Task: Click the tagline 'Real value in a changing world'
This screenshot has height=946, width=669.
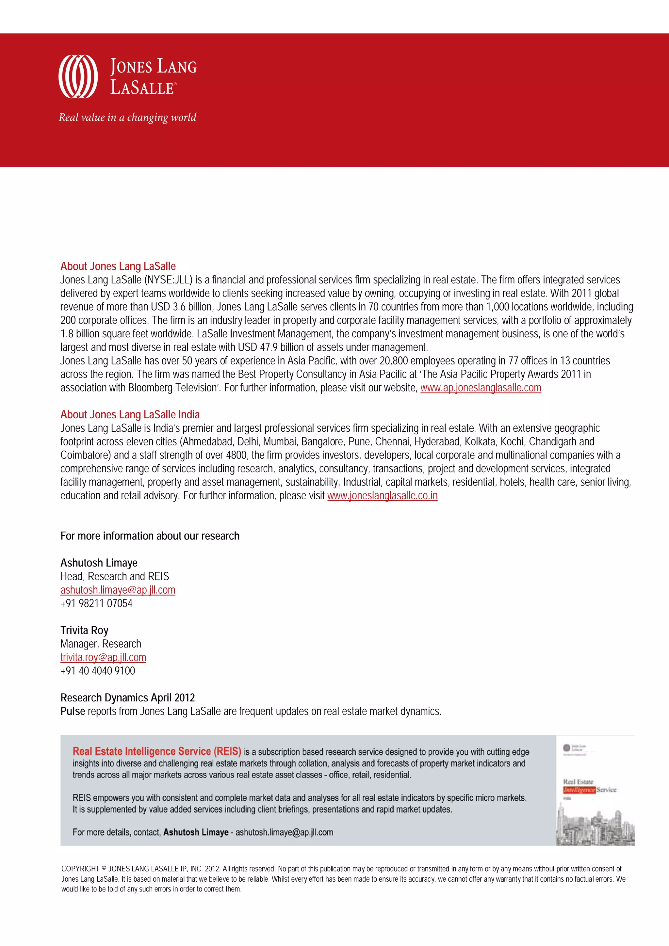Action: [x=127, y=118]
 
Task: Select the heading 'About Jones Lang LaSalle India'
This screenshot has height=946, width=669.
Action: [x=130, y=414]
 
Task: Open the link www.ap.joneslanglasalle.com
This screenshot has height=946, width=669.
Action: [x=481, y=388]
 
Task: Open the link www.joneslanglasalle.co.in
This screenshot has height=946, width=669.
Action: [x=382, y=496]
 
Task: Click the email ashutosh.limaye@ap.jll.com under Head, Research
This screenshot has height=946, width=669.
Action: [x=118, y=590]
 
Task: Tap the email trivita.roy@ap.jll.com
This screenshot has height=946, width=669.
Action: [x=103, y=657]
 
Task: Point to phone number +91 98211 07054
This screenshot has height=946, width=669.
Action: [x=96, y=603]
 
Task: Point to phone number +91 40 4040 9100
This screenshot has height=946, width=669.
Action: [x=98, y=671]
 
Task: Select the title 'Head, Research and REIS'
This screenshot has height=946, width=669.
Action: [x=115, y=576]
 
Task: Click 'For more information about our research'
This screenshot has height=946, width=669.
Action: [x=150, y=536]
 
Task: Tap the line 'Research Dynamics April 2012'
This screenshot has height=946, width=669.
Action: [x=127, y=697]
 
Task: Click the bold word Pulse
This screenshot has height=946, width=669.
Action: [x=73, y=711]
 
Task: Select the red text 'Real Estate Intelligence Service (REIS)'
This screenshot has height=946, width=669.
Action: [x=157, y=751]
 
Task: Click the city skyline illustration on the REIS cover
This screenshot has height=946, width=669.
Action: [x=595, y=828]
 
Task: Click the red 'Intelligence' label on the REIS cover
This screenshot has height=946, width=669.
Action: [x=579, y=790]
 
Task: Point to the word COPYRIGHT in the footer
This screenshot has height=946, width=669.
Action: [x=80, y=869]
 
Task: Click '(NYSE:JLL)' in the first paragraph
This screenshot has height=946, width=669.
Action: [x=168, y=280]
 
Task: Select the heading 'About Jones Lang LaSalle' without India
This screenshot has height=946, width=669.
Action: [x=118, y=266]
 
